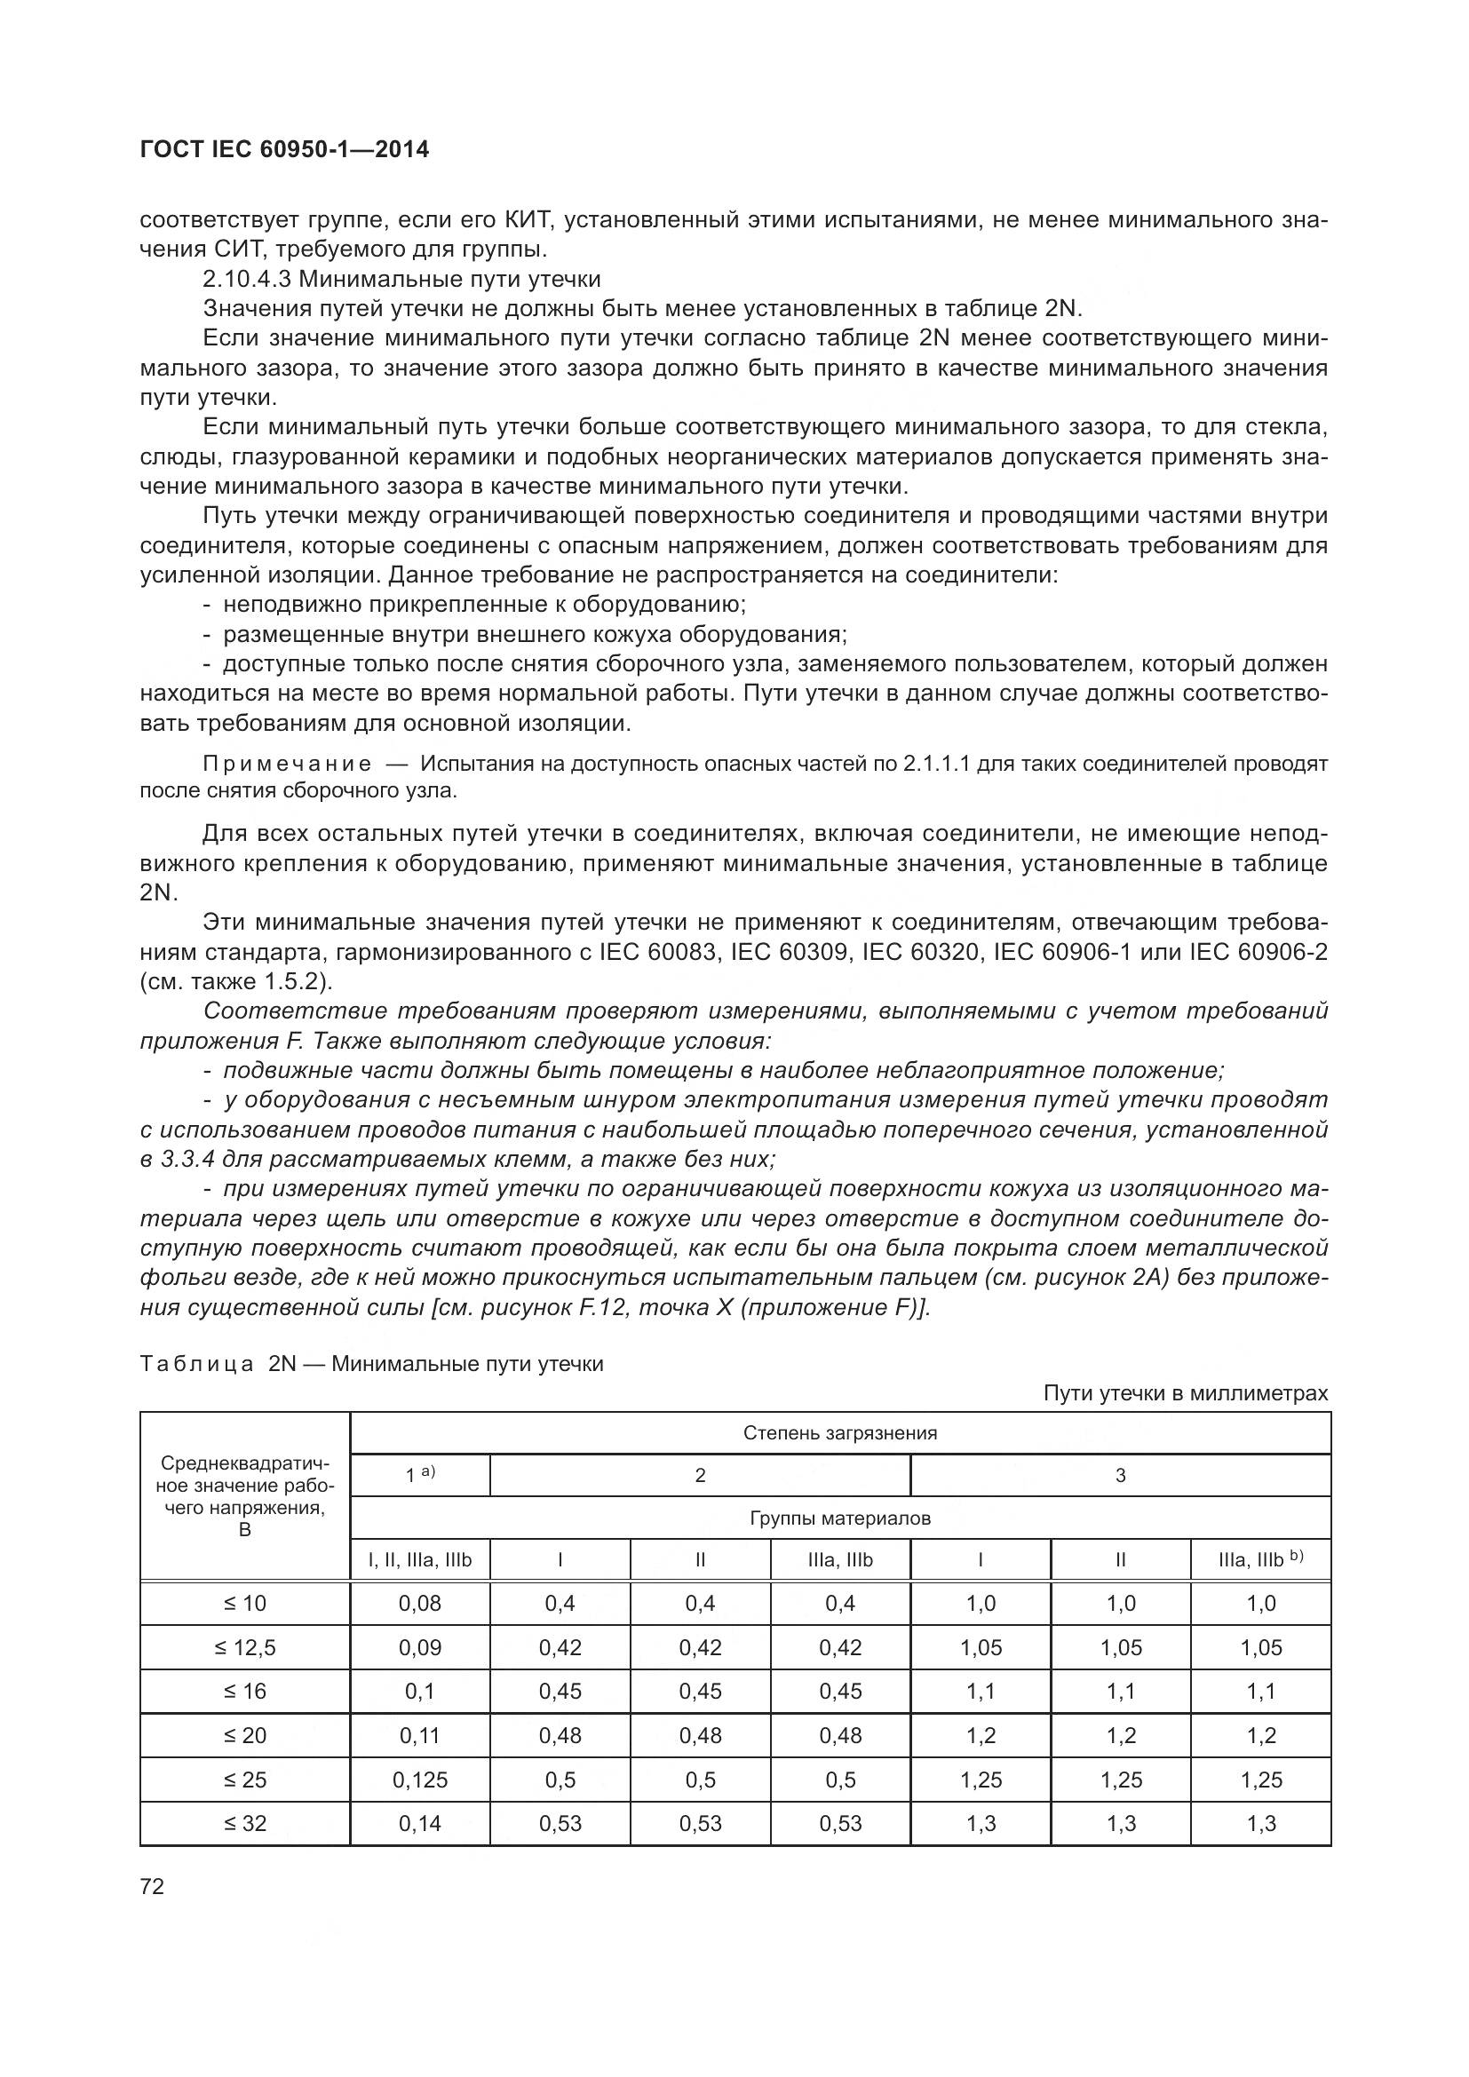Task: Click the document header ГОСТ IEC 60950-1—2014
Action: pyautogui.click(x=284, y=150)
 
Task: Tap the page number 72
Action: pyautogui.click(x=153, y=1887)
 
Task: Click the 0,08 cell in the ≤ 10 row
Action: pyautogui.click(x=420, y=1604)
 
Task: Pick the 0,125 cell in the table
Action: pyautogui.click(x=420, y=1780)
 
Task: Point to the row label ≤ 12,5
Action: pyautogui.click(x=244, y=1648)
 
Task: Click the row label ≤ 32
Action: pyautogui.click(x=244, y=1824)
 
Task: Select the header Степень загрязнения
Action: pyautogui.click(x=839, y=1433)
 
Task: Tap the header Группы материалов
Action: pyautogui.click(x=839, y=1518)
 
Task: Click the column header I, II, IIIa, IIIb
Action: pyautogui.click(x=420, y=1560)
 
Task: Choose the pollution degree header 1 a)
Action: pyautogui.click(x=420, y=1475)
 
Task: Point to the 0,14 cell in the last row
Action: pyautogui.click(x=420, y=1824)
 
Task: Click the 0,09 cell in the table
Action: pyautogui.click(x=420, y=1648)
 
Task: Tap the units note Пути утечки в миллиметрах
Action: pyautogui.click(x=1185, y=1393)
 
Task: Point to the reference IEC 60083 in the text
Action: pyautogui.click(x=655, y=952)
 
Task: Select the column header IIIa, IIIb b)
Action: pyautogui.click(x=1260, y=1560)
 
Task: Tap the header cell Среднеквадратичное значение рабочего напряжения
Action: pyautogui.click(x=244, y=1496)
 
